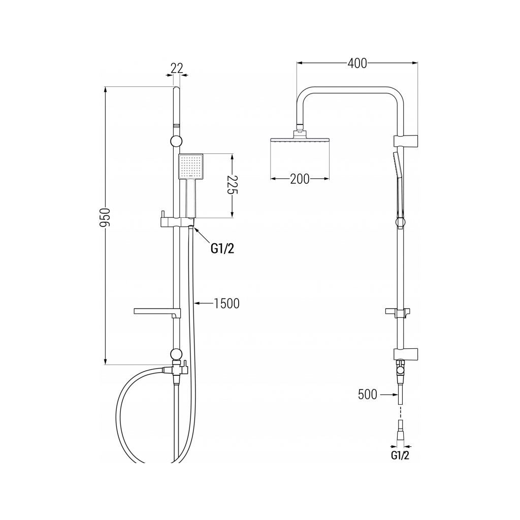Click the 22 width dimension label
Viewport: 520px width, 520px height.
tap(177, 68)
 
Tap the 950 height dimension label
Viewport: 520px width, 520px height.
tap(105, 218)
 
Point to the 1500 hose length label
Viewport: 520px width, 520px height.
tap(226, 303)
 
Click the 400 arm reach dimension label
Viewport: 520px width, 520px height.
tap(357, 63)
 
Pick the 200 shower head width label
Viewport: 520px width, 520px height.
tap(299, 179)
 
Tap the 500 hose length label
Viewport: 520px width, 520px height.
tap(367, 394)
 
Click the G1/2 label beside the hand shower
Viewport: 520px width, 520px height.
tap(222, 249)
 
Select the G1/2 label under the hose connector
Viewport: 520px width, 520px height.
tap(400, 456)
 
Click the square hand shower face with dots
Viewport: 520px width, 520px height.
tap(190, 167)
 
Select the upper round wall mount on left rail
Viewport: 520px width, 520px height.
tap(176, 142)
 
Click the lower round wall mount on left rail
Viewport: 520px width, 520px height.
tap(176, 354)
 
